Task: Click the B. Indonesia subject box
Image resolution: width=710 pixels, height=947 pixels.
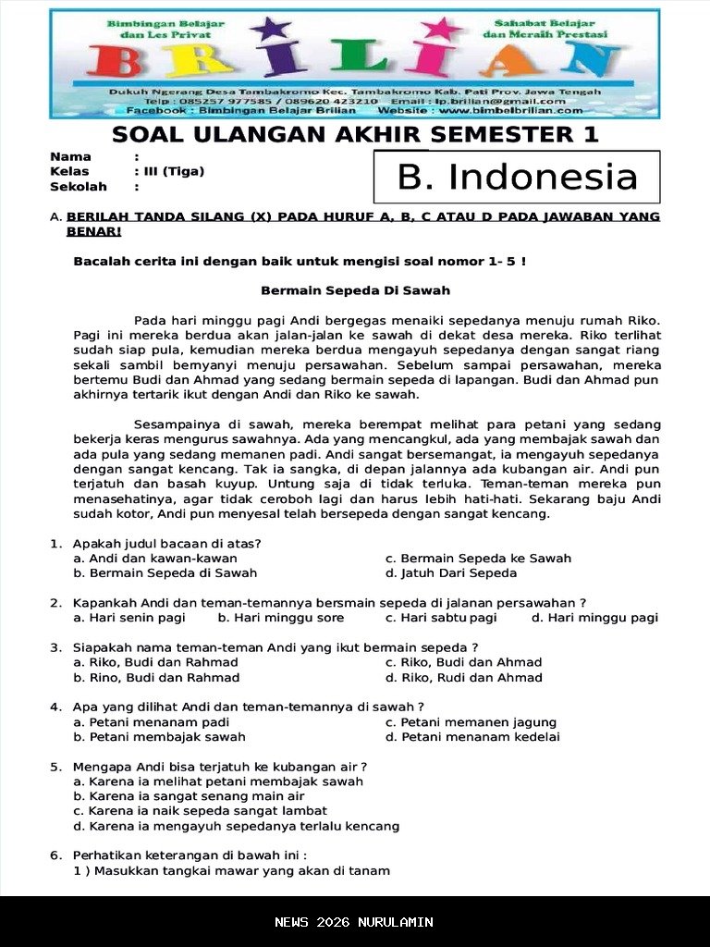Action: [517, 177]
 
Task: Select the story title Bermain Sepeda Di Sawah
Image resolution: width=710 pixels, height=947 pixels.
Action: [355, 290]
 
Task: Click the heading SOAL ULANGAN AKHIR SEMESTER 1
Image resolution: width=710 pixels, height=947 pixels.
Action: [355, 135]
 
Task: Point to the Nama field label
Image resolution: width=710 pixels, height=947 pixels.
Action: [70, 156]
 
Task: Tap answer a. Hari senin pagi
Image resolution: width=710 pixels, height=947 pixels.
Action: [129, 618]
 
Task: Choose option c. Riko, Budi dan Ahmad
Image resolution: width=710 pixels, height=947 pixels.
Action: [463, 662]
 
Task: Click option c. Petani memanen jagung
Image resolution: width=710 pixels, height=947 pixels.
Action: [471, 722]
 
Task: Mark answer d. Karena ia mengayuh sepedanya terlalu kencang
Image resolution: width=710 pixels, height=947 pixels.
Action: [237, 826]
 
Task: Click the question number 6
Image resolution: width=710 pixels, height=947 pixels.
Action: [55, 855]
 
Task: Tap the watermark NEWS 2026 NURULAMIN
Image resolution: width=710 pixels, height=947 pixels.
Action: [354, 922]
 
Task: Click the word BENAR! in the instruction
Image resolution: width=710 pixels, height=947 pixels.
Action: [93, 231]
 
